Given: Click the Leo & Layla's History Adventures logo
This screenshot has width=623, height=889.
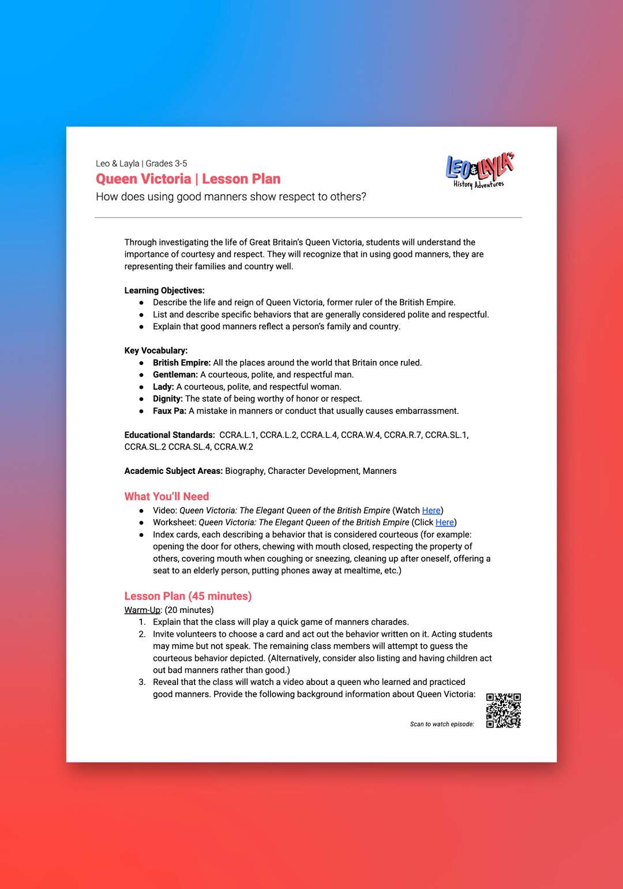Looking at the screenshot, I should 479,170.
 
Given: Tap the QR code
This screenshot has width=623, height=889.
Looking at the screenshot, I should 503,710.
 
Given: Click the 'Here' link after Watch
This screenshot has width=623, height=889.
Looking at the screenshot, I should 431,510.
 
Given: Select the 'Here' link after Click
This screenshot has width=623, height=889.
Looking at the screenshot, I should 444,522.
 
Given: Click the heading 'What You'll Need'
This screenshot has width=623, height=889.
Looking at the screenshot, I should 167,496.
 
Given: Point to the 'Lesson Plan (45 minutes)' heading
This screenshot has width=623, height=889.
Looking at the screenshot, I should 188,596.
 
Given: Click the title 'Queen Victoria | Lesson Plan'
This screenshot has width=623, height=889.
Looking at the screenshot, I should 188,179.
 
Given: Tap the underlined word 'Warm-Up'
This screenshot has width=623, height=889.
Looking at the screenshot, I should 142,610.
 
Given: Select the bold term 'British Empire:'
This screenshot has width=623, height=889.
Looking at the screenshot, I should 182,363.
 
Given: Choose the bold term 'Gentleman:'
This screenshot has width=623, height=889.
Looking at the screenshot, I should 175,375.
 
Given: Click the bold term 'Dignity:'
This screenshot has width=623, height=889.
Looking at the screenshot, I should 168,399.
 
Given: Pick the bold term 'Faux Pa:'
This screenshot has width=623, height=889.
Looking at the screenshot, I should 170,411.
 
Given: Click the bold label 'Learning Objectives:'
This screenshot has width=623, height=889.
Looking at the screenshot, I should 164,291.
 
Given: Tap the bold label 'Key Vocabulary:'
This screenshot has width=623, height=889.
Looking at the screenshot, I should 156,351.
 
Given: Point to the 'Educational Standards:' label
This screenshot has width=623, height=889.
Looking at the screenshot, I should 170,435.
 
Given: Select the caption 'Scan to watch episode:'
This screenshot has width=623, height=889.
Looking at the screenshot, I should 442,724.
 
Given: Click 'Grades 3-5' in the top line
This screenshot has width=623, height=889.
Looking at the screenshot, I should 166,164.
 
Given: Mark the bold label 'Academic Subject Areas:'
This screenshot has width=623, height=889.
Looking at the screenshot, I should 174,471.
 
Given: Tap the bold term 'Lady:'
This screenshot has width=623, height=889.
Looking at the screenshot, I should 163,387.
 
